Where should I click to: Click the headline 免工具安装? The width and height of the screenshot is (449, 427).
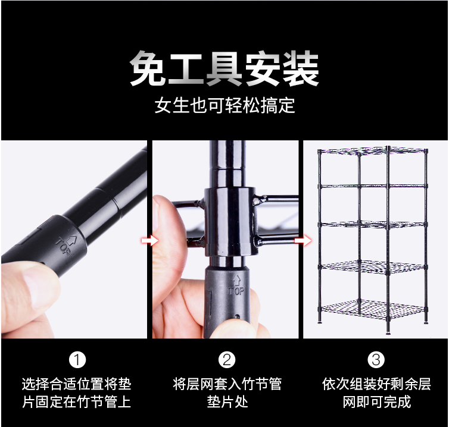coord(224,68)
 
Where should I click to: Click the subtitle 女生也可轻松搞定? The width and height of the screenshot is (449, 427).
coord(224,105)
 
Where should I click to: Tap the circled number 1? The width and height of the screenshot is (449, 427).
coord(77,360)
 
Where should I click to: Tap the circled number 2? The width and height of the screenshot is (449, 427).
coord(227,360)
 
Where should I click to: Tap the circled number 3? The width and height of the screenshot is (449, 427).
coord(376,360)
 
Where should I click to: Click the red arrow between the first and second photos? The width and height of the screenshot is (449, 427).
coord(149,241)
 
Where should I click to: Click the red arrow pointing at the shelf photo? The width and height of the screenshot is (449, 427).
coord(303,241)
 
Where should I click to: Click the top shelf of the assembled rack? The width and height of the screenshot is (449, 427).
coord(372,150)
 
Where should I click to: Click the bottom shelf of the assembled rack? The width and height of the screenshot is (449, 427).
coord(373,309)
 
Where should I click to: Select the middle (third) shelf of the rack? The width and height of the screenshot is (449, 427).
coord(373,224)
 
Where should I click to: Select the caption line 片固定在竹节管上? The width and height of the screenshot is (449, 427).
coord(76,402)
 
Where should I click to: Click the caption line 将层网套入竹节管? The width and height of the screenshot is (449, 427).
coord(227,384)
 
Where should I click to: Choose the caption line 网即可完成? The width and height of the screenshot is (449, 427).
coord(376,402)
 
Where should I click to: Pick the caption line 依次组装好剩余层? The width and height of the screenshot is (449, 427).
coord(376,384)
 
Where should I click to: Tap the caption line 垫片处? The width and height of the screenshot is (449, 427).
coord(227,402)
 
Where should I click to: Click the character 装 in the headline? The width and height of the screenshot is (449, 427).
coord(301,68)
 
